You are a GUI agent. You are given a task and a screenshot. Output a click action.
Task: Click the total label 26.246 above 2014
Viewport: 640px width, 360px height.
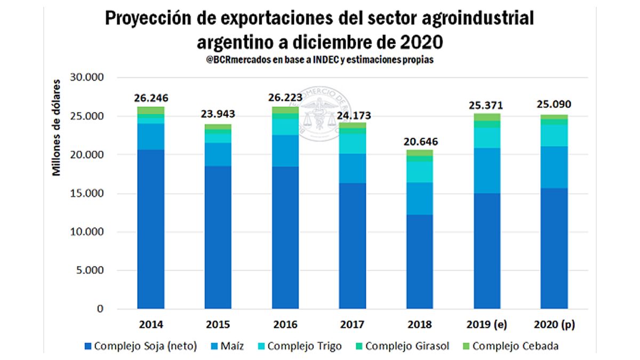151,99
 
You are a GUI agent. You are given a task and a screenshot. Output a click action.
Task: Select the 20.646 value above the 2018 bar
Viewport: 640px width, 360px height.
420,142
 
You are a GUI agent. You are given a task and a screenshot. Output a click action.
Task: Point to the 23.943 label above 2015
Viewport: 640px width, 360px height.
218,115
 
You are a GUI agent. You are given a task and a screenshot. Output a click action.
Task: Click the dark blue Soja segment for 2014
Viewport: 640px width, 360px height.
151,229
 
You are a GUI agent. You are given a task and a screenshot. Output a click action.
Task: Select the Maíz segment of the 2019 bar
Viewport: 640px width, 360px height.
487,171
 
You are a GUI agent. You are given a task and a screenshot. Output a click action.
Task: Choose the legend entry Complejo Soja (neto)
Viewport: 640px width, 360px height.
141,346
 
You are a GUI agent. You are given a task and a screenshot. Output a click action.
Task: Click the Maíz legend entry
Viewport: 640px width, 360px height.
229,346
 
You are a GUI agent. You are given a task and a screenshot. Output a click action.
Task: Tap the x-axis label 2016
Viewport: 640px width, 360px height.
285,325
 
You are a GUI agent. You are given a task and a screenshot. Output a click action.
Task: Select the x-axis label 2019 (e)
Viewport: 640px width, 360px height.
487,325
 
